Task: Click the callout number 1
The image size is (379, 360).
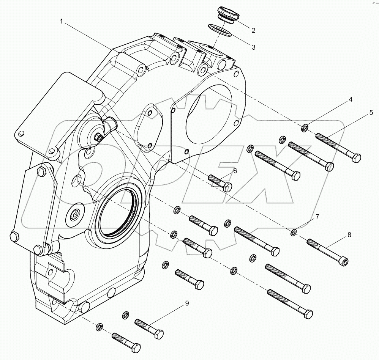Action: [x=61, y=21]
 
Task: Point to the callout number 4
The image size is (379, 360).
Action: [x=351, y=100]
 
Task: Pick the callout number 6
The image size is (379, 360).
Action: [x=235, y=171]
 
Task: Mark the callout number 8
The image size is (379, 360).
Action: [x=349, y=235]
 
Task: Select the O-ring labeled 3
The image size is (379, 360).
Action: [x=220, y=30]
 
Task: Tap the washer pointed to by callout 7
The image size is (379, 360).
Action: [x=294, y=232]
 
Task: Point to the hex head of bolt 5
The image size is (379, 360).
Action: [x=356, y=158]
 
